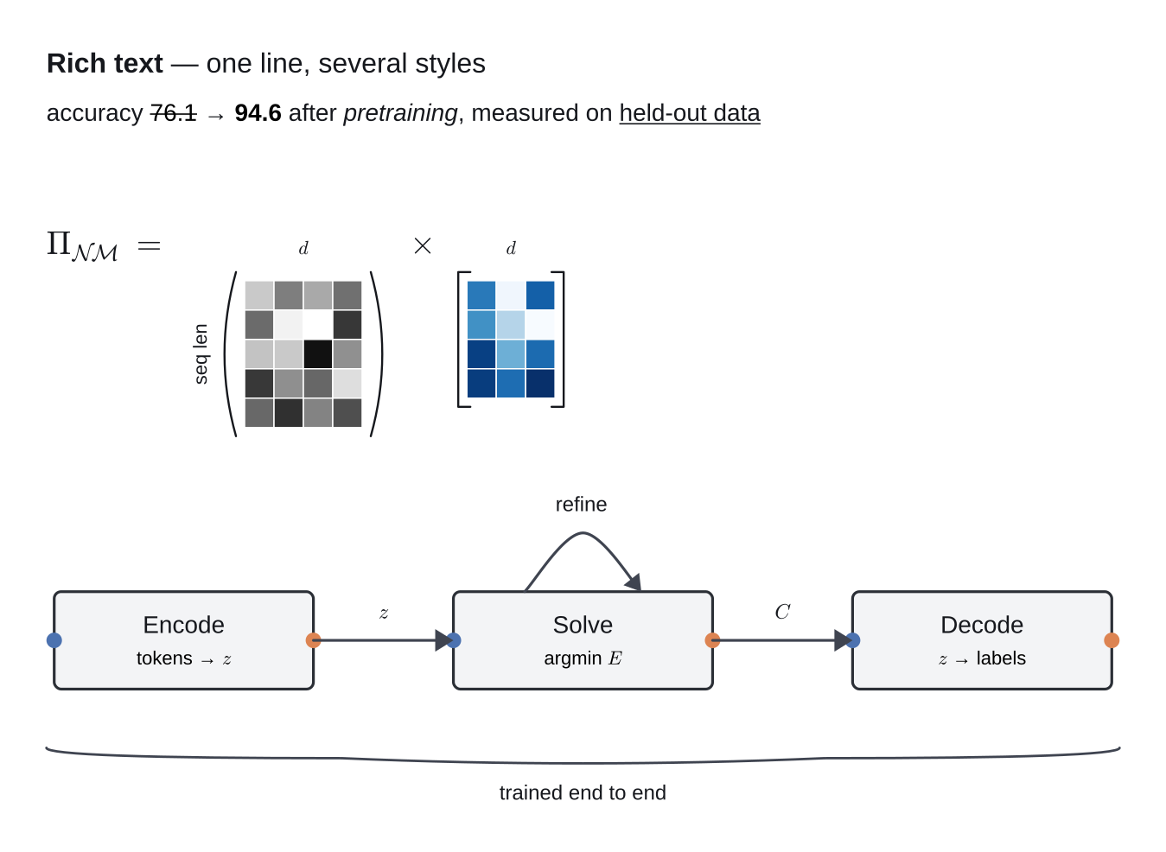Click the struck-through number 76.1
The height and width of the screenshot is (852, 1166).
click(x=174, y=113)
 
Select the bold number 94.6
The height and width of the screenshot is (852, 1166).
click(x=258, y=113)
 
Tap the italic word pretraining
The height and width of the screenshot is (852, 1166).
click(x=400, y=114)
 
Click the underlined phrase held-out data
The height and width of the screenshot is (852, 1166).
click(x=690, y=113)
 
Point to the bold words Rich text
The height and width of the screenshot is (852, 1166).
click(x=105, y=63)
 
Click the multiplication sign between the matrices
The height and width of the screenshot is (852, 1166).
click(x=423, y=245)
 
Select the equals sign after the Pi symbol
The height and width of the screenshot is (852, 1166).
click(x=149, y=245)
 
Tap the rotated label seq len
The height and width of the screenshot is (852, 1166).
click(x=201, y=354)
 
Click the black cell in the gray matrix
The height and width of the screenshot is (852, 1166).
click(x=318, y=354)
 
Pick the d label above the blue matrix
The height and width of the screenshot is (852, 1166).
click(x=511, y=248)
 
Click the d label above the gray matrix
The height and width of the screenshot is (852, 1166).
click(x=303, y=248)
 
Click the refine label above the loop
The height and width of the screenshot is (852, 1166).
click(x=581, y=505)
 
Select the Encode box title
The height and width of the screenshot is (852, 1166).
click(x=184, y=625)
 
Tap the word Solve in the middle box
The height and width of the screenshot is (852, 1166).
click(x=583, y=625)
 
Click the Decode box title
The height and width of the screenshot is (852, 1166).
click(x=982, y=625)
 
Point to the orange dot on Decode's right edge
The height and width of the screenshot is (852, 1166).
click(x=1112, y=640)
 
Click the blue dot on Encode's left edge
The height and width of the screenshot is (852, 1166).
click(x=54, y=640)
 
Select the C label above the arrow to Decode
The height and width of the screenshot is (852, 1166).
click(x=782, y=612)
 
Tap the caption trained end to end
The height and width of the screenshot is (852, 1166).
click(x=583, y=793)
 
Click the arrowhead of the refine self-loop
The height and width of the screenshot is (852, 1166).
click(x=634, y=583)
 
